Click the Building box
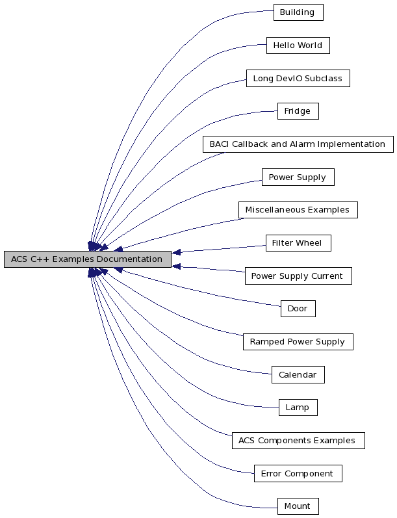(298, 12)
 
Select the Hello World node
(298, 45)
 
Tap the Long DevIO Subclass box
(298, 79)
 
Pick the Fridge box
(298, 111)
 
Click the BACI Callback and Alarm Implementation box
(298, 144)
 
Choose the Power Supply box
(298, 177)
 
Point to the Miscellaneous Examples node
(298, 210)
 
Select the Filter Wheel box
(298, 243)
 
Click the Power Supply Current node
(298, 276)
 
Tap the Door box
(298, 309)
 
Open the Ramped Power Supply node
(298, 342)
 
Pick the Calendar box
(298, 375)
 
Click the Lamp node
(298, 408)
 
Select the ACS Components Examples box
(298, 441)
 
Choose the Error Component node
(298, 474)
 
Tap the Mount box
(298, 506)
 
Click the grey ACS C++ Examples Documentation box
(87, 259)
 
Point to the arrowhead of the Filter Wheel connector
(177, 252)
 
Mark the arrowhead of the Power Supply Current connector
(177, 266)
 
